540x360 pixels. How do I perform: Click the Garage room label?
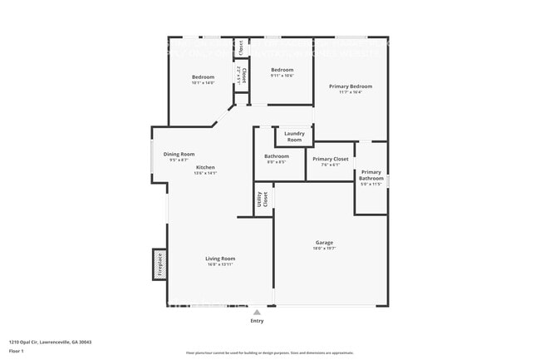click(x=324, y=243)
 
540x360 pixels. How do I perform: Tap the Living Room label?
click(x=220, y=259)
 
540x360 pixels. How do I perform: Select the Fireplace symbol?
click(x=160, y=264)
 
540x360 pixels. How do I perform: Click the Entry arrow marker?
click(x=258, y=313)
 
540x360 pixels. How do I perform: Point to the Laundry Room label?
click(x=294, y=136)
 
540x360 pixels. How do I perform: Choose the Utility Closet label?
click(x=263, y=200)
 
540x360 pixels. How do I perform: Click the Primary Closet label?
click(x=330, y=158)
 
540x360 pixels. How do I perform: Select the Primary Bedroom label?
click(x=350, y=86)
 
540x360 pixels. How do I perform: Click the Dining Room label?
click(x=179, y=154)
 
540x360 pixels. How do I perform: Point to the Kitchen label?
click(x=204, y=167)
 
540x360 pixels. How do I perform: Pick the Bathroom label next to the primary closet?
click(x=277, y=156)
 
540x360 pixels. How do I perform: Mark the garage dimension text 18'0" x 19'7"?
click(x=324, y=249)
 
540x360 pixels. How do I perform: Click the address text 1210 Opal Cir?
click(x=50, y=342)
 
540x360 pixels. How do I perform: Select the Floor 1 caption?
click(x=17, y=351)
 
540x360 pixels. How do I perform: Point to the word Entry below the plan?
click(x=258, y=321)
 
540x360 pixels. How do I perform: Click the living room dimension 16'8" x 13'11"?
click(x=220, y=264)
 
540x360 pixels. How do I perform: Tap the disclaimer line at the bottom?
click(x=269, y=353)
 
